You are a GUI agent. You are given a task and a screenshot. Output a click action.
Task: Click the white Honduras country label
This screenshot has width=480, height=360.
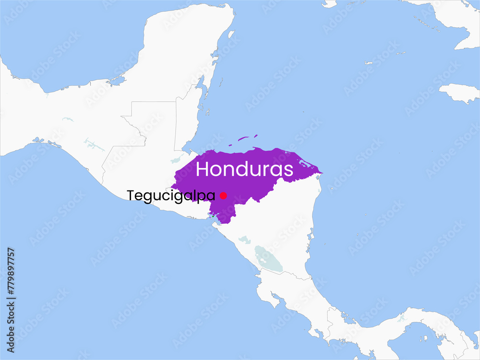pyautogui.click(x=244, y=169)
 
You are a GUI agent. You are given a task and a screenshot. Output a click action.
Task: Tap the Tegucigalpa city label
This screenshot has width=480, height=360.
pyautogui.click(x=171, y=196)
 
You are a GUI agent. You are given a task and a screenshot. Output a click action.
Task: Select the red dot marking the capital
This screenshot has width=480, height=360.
pyautogui.click(x=223, y=195)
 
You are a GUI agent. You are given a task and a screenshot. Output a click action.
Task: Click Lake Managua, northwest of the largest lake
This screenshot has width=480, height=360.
pyautogui.click(x=245, y=239)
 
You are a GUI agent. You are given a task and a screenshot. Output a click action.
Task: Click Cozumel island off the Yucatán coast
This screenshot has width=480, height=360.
pyautogui.click(x=230, y=35)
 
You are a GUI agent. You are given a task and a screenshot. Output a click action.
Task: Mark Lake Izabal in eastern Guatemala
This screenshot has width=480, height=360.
pyautogui.click(x=178, y=158)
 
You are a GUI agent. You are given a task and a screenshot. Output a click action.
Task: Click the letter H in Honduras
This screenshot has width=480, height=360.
pyautogui.click(x=202, y=169)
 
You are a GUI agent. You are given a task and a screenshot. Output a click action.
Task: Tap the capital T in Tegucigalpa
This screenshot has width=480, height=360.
pyautogui.click(x=130, y=196)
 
